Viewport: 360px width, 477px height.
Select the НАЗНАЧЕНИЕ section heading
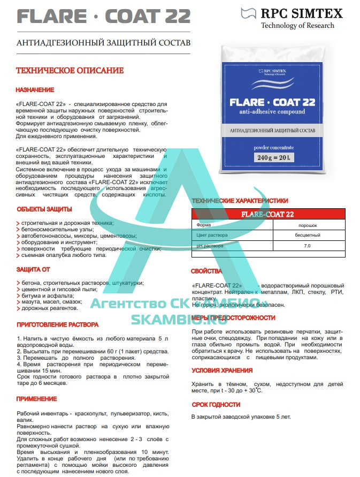click(35, 89)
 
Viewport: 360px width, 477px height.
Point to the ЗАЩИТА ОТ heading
click(33, 269)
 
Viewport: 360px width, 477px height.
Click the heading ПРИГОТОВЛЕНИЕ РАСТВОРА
click(58, 324)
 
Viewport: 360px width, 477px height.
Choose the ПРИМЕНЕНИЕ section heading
click(36, 399)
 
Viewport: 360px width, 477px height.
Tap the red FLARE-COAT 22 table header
click(267, 215)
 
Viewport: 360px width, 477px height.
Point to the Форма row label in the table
click(204, 225)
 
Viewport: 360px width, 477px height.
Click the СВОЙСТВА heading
click(206, 271)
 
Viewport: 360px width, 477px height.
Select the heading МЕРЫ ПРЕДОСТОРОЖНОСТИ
click(233, 317)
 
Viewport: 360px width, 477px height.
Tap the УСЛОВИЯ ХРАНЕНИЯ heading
click(222, 370)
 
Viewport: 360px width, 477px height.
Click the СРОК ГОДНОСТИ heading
click(216, 405)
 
